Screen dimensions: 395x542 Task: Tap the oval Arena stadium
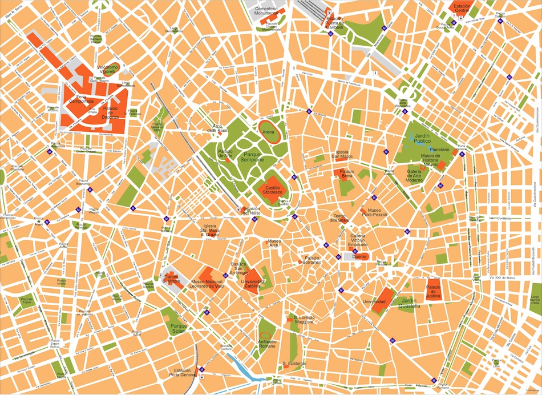click(268, 130)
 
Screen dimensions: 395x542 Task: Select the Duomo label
click(359, 257)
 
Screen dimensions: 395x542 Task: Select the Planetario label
click(439, 150)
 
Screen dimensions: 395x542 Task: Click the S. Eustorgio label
click(294, 364)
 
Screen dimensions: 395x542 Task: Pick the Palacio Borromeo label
click(312, 260)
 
